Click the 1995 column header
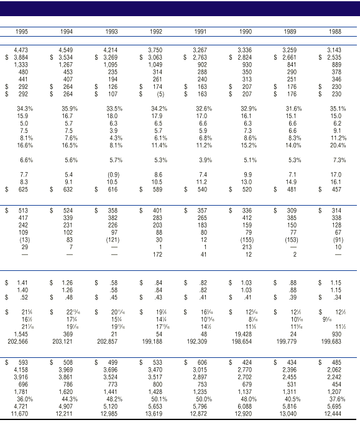[22, 30]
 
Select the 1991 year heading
[200, 30]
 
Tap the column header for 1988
[334, 30]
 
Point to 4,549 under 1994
[66, 49]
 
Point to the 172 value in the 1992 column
[157, 255]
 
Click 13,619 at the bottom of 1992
[154, 413]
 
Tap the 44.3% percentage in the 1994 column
[66, 399]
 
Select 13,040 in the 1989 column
[288, 413]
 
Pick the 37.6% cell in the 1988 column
[334, 399]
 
